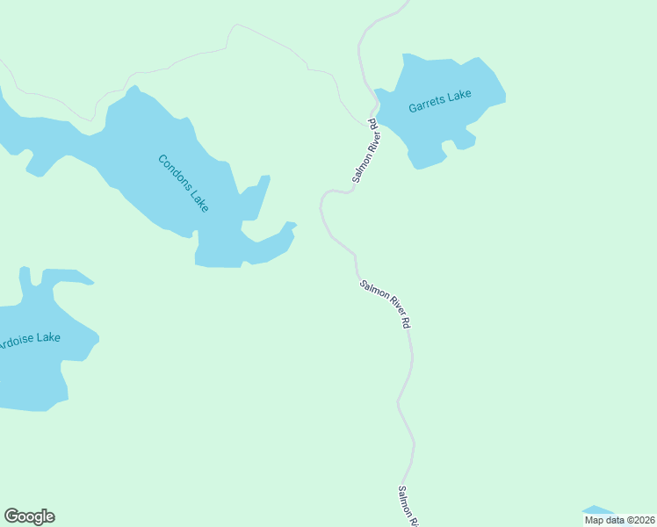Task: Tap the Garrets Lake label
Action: click(440, 102)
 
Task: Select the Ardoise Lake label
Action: click(28, 338)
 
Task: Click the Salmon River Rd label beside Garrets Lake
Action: click(366, 150)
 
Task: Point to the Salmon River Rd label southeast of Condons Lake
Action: click(385, 304)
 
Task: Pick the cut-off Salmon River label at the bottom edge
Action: click(408, 507)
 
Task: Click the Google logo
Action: click(29, 516)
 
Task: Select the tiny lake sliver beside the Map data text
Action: click(598, 509)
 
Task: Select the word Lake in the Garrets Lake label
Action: click(458, 97)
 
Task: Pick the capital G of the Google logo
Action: click(12, 516)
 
